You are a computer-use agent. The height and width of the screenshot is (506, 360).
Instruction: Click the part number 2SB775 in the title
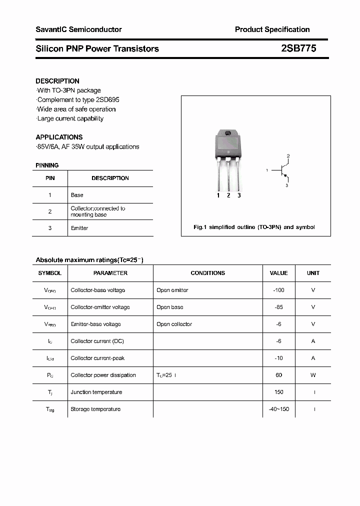coord(298,48)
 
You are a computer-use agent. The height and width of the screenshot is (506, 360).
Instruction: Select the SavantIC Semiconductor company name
coord(78,29)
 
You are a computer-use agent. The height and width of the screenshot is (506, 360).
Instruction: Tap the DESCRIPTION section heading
coord(57,81)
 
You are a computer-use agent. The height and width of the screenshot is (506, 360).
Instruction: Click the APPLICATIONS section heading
coord(59,137)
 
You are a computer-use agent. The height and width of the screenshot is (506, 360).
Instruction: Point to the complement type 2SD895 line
coord(78,99)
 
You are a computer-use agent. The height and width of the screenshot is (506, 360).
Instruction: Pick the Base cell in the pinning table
coord(77,195)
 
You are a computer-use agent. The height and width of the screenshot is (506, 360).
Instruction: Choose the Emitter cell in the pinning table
coord(79,228)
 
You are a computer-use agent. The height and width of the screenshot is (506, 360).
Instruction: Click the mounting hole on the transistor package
coord(228,133)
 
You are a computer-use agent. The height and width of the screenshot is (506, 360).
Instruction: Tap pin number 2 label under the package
coord(228,195)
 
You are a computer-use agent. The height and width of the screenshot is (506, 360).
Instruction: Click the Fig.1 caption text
coord(254,227)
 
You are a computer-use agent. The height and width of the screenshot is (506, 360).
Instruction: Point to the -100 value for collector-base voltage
coord(278,290)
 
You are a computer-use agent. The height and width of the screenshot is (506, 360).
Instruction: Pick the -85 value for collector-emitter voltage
coord(278,307)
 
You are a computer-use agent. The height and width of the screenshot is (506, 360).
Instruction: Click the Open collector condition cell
coord(174,324)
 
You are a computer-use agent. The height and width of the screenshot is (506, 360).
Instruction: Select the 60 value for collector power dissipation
coord(278,375)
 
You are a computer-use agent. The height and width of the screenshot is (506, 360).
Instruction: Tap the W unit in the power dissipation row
coord(313,375)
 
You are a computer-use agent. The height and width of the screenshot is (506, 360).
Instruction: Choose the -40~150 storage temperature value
coord(278,409)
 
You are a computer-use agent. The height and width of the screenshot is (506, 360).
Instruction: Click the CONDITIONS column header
coord(207,273)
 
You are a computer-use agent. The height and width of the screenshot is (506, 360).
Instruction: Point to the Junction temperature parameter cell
coord(96,392)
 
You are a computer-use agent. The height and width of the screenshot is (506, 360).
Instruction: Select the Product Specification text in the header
coord(272,29)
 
